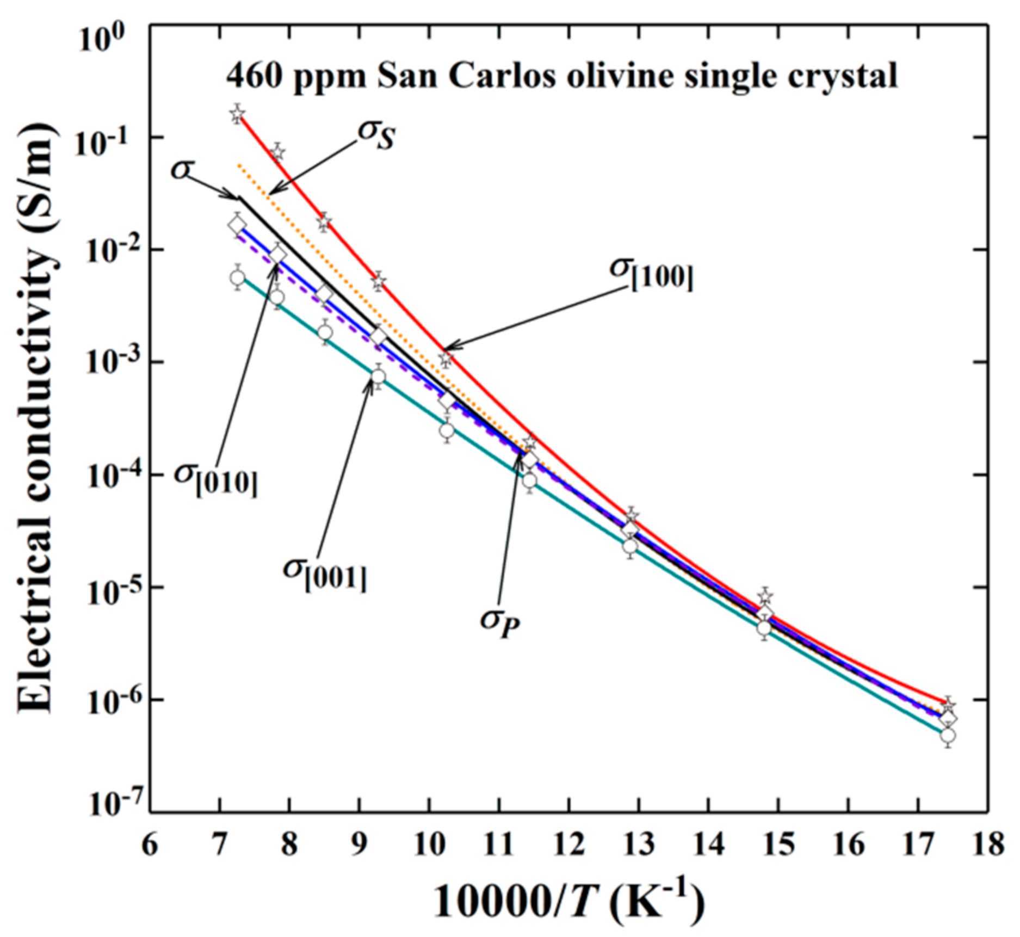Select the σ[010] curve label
(x=215, y=478)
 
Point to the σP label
(x=500, y=622)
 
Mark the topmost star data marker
(x=237, y=114)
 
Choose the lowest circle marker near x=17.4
(x=948, y=736)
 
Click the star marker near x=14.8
(x=765, y=597)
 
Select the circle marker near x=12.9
(x=630, y=546)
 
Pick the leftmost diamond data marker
(x=237, y=225)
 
